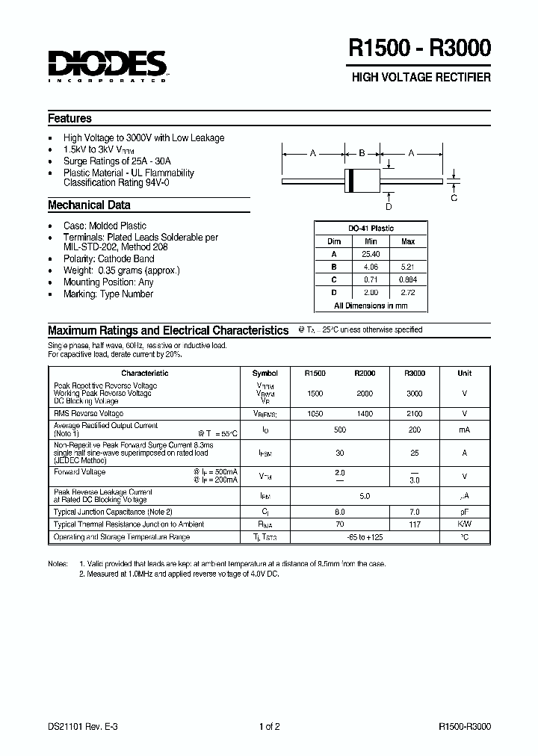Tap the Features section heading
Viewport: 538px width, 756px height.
[x=69, y=119]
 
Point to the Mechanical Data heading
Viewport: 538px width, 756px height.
[x=89, y=205]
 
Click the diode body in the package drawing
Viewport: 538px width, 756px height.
[x=362, y=181]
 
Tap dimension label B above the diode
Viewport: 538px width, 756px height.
[x=362, y=154]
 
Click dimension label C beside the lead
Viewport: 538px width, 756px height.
[x=454, y=197]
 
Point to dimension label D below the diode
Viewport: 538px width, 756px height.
[x=389, y=207]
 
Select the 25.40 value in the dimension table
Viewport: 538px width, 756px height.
[x=371, y=254]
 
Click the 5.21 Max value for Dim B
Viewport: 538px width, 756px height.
[x=408, y=267]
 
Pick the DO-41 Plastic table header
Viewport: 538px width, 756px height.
[x=371, y=229]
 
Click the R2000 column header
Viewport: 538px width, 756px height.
[x=365, y=373]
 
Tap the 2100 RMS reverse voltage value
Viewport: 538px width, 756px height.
[x=414, y=413]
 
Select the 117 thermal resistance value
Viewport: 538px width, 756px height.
[x=414, y=524]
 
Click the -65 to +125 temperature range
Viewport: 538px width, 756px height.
[x=365, y=536]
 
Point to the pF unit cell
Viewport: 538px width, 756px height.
[x=465, y=512]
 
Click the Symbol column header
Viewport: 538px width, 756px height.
[x=265, y=373]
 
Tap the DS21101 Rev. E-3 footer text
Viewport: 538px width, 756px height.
[x=78, y=726]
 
